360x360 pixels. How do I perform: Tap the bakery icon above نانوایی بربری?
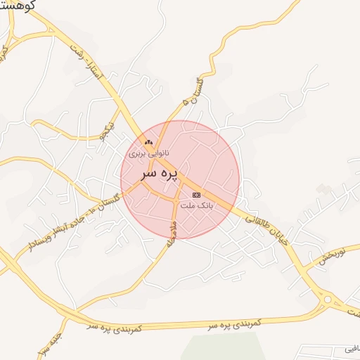coord(148,143)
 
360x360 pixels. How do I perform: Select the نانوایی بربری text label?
coord(149,152)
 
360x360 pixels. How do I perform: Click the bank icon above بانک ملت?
coord(196,195)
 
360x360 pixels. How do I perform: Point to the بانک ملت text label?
coord(196,205)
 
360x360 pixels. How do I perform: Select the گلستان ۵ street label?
coord(188,92)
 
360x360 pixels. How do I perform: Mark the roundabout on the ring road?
coord(326,300)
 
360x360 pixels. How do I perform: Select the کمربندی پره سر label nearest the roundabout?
coord(235,323)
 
